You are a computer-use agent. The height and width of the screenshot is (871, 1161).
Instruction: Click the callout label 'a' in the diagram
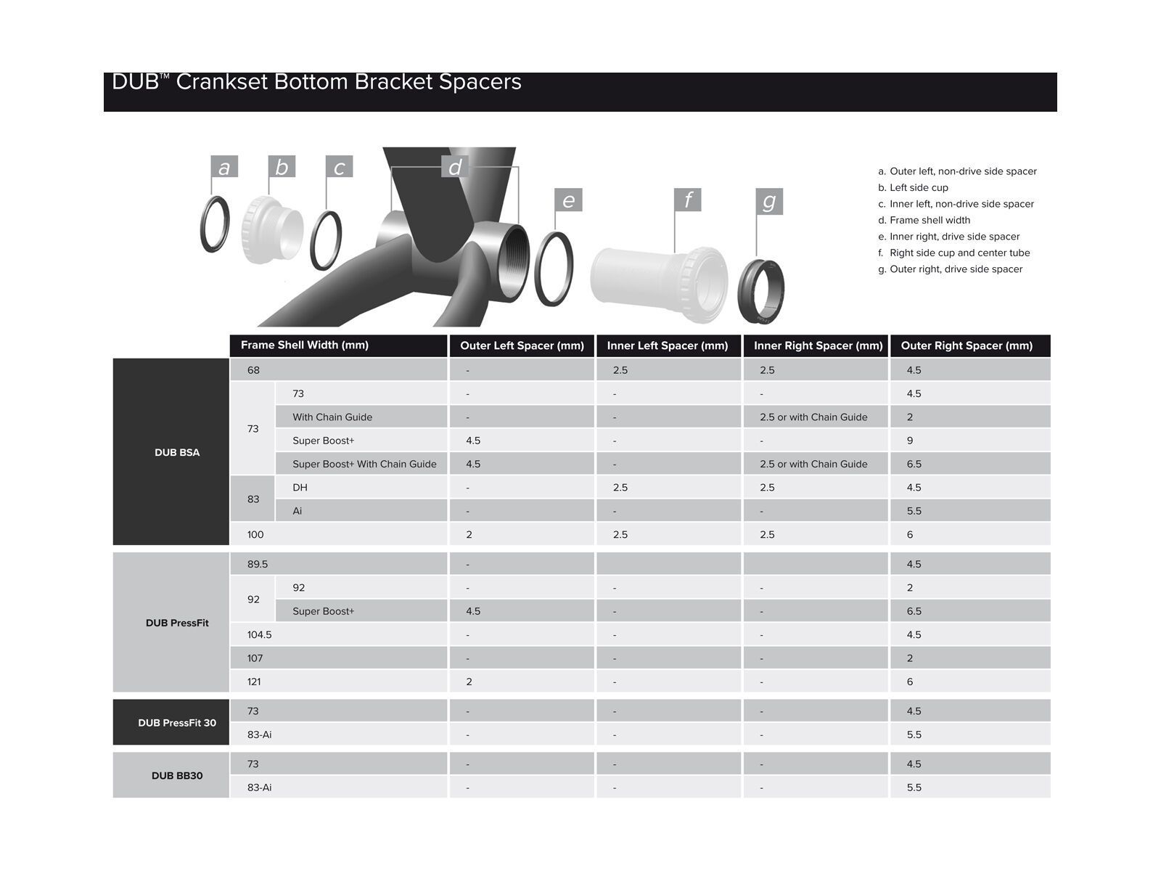[223, 167]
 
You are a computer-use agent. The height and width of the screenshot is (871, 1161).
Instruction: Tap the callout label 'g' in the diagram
[769, 201]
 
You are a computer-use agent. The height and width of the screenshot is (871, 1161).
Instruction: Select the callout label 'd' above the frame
[455, 167]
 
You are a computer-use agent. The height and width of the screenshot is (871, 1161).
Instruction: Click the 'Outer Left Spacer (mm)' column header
[522, 345]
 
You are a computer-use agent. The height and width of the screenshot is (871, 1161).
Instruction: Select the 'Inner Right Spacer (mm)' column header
[818, 345]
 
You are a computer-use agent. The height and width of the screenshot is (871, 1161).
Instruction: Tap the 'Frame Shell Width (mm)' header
[305, 345]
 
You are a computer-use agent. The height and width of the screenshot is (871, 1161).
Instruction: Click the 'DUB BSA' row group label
[177, 452]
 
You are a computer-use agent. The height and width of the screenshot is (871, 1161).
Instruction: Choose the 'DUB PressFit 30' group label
[177, 722]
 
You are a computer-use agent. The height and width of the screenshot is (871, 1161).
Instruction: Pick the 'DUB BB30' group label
[177, 775]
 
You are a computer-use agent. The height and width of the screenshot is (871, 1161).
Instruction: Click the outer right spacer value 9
[910, 441]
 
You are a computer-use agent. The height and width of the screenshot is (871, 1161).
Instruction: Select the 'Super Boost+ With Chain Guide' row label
[364, 464]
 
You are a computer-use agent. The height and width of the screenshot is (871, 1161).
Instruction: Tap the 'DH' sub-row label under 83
[300, 487]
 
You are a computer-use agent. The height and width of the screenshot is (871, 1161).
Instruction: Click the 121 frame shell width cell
[254, 682]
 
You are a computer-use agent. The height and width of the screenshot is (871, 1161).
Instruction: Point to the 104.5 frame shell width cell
[259, 634]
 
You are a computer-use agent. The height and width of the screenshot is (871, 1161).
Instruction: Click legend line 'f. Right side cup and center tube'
[953, 253]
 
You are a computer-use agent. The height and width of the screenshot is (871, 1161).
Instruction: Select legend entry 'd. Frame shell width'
[924, 220]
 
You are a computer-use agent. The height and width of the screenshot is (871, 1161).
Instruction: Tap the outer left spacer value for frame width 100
[469, 534]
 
